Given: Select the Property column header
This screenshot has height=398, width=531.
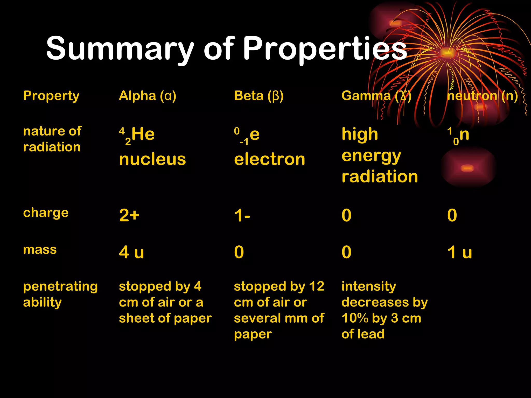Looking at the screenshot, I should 51,96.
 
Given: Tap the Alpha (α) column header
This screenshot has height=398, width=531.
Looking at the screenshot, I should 148,96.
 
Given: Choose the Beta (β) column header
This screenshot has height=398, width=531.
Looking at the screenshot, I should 259,96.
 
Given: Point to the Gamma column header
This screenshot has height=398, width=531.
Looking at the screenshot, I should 376,96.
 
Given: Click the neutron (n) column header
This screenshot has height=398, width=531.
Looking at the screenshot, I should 483,96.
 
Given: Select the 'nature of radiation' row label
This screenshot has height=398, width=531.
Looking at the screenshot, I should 52,139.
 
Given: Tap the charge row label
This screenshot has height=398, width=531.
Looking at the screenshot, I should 46,213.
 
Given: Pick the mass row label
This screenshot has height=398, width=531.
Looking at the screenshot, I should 40,250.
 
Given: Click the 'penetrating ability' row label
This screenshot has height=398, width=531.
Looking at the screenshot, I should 60,294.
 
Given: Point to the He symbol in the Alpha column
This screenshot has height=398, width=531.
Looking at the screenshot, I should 143,134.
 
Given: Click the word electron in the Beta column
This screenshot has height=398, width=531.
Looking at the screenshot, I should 269,159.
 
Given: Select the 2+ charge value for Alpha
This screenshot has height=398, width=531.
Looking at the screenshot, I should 129,215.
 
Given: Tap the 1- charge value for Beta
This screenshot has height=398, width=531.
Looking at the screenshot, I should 242,215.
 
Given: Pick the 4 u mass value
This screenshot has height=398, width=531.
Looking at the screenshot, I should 131,252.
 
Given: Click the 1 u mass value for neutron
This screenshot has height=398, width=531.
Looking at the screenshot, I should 460,252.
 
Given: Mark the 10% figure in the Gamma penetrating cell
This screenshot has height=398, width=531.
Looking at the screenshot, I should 354,318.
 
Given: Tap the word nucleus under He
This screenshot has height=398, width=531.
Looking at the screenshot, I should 152,159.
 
